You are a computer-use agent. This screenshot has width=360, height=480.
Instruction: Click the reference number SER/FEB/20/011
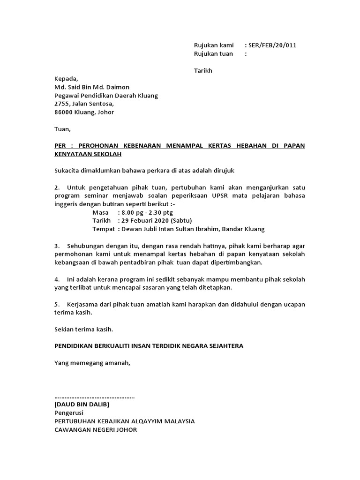pyautogui.click(x=273, y=45)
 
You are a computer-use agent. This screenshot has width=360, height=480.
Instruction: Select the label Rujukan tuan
pyautogui.click(x=213, y=54)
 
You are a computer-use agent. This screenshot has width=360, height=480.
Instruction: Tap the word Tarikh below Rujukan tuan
pyautogui.click(x=203, y=71)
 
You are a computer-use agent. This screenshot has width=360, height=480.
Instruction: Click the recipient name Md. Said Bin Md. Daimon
pyautogui.click(x=92, y=87)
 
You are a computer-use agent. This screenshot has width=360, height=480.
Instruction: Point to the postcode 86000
pyautogui.click(x=64, y=112)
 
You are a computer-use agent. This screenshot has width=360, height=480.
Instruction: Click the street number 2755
pyautogui.click(x=63, y=104)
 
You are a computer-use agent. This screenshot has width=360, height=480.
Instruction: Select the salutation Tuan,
pyautogui.click(x=62, y=129)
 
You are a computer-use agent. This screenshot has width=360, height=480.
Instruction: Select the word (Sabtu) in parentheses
pyautogui.click(x=181, y=221)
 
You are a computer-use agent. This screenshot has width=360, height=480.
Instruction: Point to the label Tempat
pyautogui.click(x=103, y=229)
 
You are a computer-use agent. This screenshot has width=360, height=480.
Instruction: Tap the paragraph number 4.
pyautogui.click(x=56, y=279)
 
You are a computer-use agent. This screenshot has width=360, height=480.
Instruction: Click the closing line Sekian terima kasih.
pyautogui.click(x=83, y=329)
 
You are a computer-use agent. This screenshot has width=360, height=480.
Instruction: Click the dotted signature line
pyautogui.click(x=94, y=397)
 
